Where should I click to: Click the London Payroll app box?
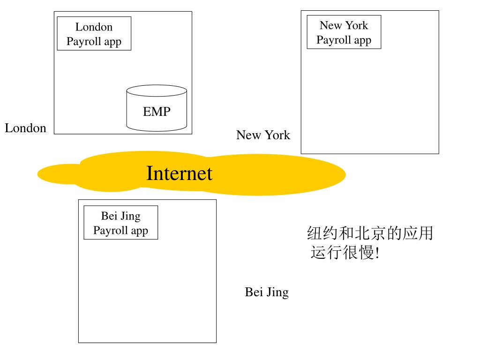coord(94,33)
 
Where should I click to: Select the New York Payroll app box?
coord(344,32)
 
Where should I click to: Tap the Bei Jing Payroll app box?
coord(120,223)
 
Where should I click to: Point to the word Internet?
coord(179,173)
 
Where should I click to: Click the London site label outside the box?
coord(26,128)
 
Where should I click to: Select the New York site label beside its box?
coord(263,135)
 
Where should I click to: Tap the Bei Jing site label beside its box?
coord(266,292)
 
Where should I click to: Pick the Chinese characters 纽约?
coord(322,233)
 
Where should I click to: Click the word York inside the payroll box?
coord(357,25)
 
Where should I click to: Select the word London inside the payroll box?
coord(94,27)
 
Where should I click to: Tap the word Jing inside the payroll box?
coord(130,216)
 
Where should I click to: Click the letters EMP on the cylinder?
coord(157,112)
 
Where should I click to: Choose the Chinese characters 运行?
coord(326,253)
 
